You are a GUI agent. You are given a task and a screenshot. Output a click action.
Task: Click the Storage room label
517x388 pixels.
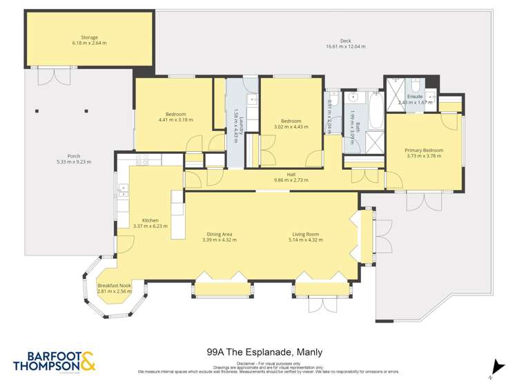click(89, 37)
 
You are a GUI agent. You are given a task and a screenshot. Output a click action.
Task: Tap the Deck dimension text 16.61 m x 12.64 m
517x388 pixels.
click(345, 47)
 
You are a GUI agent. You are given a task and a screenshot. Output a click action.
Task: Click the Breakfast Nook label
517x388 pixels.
click(115, 286)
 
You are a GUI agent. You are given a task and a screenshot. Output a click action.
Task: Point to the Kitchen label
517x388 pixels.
click(150, 220)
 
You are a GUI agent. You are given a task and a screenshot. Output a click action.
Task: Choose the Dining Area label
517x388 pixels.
click(220, 234)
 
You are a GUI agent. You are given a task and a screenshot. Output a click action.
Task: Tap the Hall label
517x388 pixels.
click(291, 174)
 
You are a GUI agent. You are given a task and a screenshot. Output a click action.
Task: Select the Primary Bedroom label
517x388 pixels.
click(423, 151)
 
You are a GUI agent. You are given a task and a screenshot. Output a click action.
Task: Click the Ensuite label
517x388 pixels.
click(415, 96)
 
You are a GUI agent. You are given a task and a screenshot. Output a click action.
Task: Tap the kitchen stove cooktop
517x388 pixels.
click(142, 160)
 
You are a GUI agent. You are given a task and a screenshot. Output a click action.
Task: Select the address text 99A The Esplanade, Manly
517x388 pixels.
click(264, 351)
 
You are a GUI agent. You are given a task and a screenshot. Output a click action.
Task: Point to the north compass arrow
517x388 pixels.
click(494, 368)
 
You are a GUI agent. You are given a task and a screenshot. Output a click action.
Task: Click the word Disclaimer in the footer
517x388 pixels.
click(246, 363)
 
